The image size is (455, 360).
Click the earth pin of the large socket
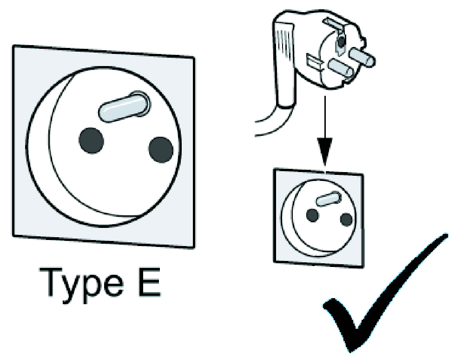(x=124, y=107)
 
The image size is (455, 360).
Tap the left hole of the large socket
(x=91, y=140)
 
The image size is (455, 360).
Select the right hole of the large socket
(x=161, y=149)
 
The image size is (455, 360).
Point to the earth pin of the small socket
(x=329, y=199)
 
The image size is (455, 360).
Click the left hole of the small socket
(x=312, y=215)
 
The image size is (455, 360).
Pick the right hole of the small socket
(x=346, y=220)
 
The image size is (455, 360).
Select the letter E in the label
(x=150, y=282)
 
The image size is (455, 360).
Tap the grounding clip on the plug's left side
(x=315, y=62)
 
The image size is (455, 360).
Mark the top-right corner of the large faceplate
(x=194, y=58)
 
